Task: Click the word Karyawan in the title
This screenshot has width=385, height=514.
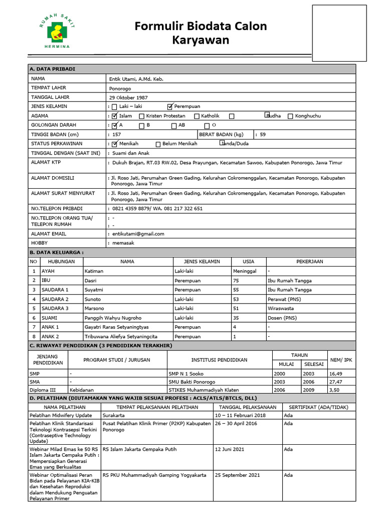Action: tap(201, 41)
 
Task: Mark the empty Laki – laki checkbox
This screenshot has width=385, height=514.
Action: tap(115, 107)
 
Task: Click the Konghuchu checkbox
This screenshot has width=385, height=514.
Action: tap(290, 116)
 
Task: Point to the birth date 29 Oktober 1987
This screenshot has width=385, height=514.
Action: tap(129, 97)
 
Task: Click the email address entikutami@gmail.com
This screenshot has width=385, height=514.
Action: tap(136, 234)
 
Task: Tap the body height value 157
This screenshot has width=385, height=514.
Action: tap(117, 135)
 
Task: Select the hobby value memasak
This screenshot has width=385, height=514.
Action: tap(123, 243)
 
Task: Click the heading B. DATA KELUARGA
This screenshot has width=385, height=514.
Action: tap(57, 252)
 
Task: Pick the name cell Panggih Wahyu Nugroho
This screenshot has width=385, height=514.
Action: tap(113, 318)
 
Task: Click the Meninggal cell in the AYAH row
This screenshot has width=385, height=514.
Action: tap(245, 271)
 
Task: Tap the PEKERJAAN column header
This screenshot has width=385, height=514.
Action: tap(310, 262)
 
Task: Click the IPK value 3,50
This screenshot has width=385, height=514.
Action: tap(335, 390)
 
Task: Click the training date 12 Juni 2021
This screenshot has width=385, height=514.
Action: tap(230, 449)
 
